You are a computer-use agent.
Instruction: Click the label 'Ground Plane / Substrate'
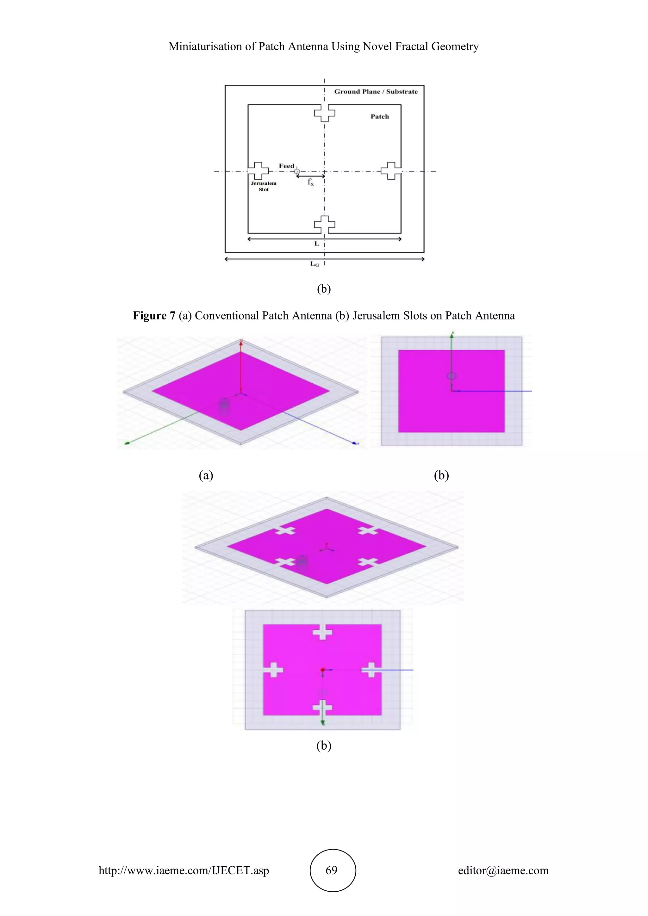[376, 91]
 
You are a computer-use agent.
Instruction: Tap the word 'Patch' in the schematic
[379, 116]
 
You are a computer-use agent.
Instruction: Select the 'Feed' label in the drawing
[286, 166]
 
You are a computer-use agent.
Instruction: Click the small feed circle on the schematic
[296, 171]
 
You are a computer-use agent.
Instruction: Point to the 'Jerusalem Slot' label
[263, 186]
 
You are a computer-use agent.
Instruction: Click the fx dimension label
[310, 182]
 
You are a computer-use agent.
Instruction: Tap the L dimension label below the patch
[317, 244]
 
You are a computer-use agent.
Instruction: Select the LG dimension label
[315, 264]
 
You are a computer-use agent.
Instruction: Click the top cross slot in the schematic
[324, 113]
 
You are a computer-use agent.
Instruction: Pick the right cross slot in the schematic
[391, 171]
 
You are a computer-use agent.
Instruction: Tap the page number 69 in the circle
[332, 870]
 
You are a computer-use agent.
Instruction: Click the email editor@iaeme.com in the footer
[503, 870]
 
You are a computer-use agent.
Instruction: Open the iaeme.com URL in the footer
[184, 870]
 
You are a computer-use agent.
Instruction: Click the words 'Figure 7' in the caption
[154, 316]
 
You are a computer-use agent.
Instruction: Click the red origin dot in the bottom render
[322, 670]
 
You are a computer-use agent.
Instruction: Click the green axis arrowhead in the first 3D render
[127, 443]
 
